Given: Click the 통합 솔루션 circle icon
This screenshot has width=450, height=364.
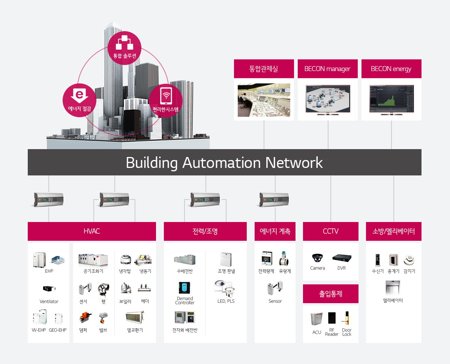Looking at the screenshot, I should (124, 48).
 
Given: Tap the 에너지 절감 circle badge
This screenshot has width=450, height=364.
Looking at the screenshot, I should (79, 100).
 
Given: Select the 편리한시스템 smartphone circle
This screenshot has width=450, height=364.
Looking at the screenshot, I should (166, 100).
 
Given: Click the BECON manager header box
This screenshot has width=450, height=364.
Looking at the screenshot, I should (327, 69).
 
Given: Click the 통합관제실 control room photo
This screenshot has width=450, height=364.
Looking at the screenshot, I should (264, 100).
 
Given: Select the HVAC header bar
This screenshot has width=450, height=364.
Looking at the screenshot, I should (92, 231).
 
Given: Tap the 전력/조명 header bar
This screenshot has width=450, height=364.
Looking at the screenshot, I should (205, 231).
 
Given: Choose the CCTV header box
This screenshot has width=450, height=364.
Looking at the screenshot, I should (331, 231).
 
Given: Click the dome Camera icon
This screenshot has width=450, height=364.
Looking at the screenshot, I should (317, 258).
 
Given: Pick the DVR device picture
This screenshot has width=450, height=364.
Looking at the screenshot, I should (342, 258).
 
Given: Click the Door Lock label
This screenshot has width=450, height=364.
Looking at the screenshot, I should (347, 332).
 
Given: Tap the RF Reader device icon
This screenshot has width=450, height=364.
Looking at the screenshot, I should (332, 318).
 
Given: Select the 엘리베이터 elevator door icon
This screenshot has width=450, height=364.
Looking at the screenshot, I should (393, 288).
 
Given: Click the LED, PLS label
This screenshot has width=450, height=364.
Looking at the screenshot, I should (226, 301).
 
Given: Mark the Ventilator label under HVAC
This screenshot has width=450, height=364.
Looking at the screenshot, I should (49, 302).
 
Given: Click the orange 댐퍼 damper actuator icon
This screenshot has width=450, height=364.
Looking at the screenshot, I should (83, 318).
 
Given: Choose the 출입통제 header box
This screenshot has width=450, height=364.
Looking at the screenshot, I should (331, 294).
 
